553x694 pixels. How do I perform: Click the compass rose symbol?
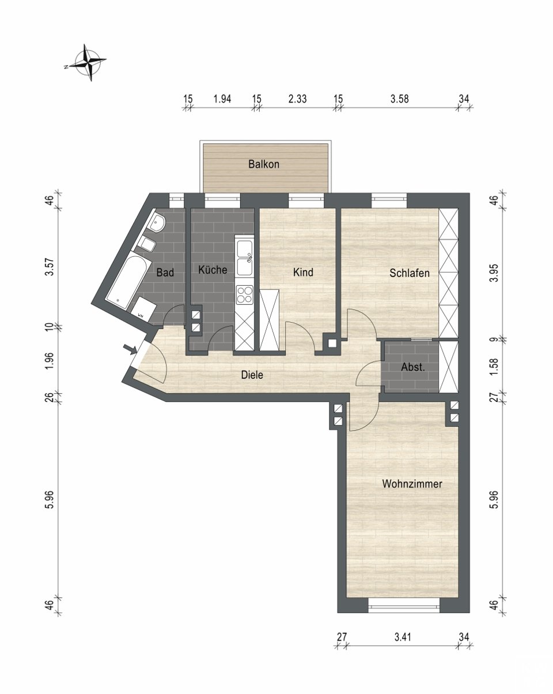point(88,62)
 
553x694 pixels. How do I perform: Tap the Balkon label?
point(264,164)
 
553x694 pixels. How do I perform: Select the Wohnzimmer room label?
point(412,492)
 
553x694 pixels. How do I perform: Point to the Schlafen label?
point(410,273)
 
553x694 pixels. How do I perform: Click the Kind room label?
point(303,272)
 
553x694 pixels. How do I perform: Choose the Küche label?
point(213,270)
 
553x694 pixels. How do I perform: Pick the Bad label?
point(165,272)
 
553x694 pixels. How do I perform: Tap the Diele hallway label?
point(252,375)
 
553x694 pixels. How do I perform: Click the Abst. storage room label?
point(412,367)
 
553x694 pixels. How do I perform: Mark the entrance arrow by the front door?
point(131,349)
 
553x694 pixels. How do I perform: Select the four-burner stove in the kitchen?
point(244,295)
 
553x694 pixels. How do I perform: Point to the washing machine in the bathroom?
point(143,308)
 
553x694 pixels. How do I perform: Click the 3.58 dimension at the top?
point(399,98)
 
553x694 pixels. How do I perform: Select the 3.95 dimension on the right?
point(494,273)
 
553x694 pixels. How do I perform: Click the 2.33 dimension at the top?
point(297,98)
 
